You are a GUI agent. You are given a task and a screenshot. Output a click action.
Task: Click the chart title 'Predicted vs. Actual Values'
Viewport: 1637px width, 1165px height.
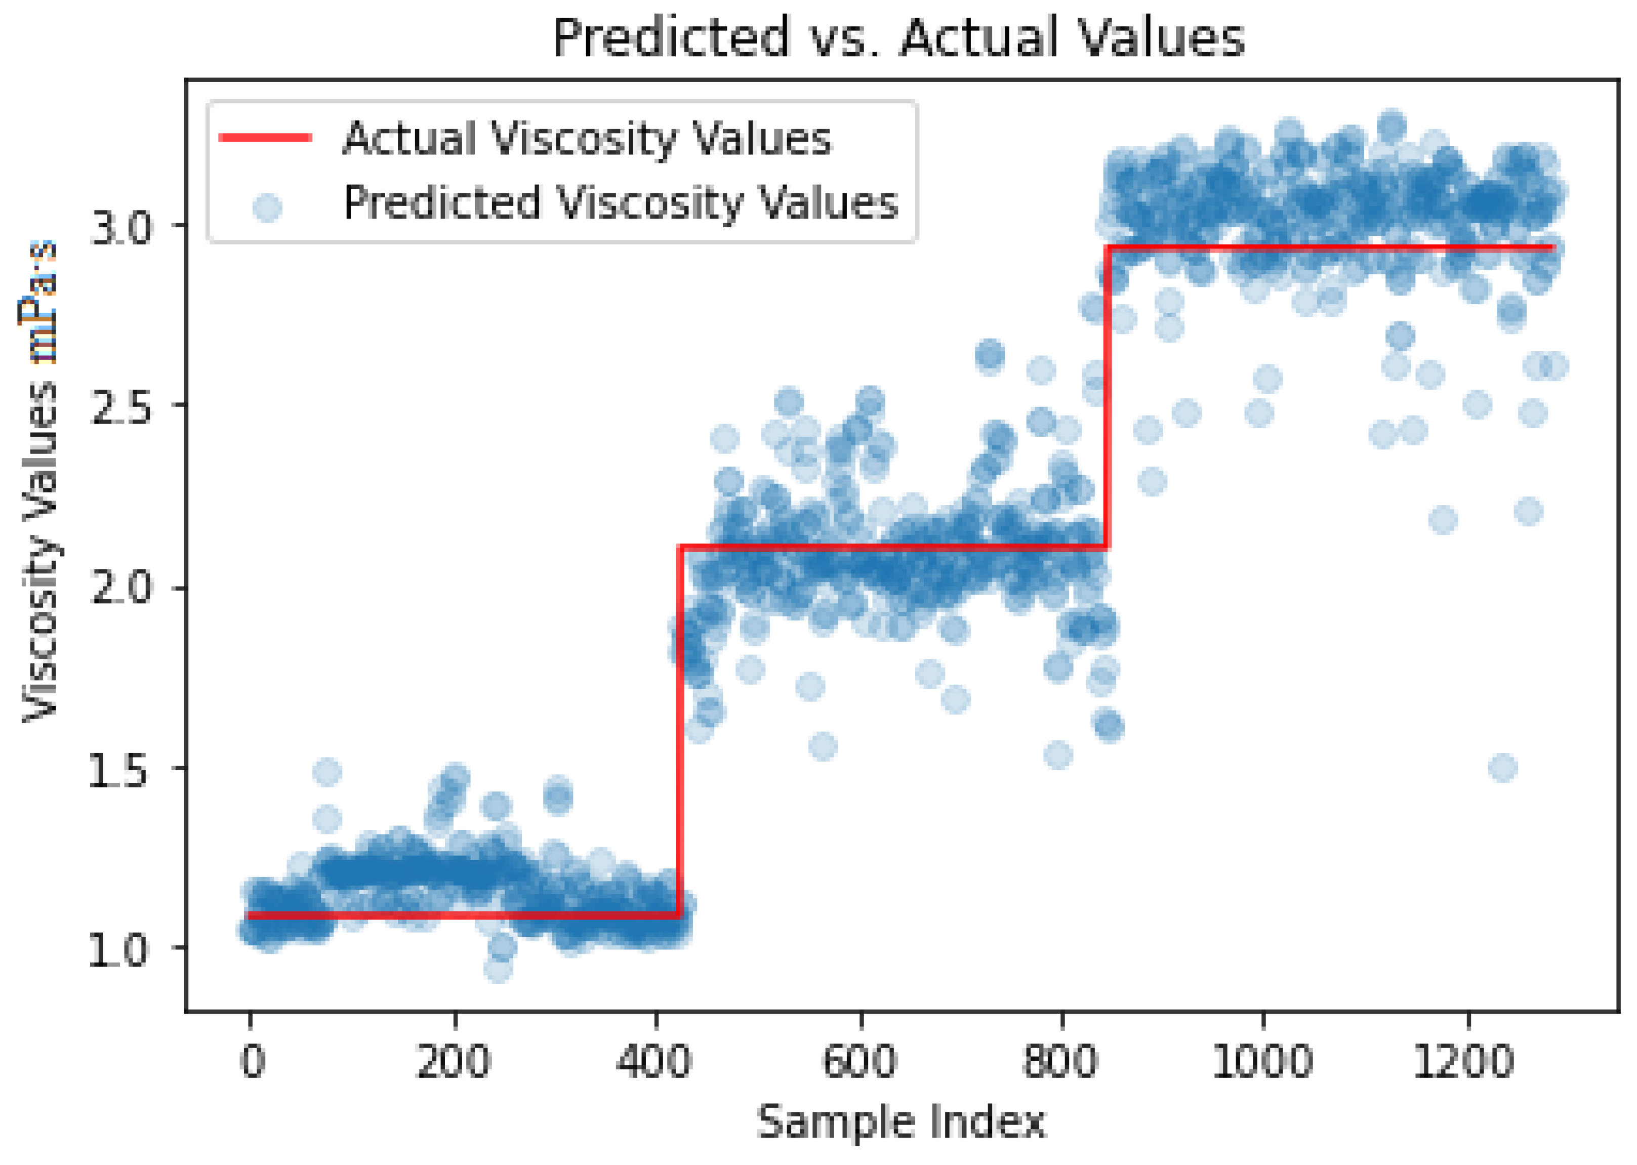click(898, 37)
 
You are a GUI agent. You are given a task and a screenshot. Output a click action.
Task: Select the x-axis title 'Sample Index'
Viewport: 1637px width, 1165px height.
click(901, 1122)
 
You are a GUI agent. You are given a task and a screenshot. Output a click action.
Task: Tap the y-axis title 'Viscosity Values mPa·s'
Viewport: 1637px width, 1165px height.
click(40, 481)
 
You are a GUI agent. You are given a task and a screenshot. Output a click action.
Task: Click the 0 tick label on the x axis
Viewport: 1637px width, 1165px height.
click(251, 1060)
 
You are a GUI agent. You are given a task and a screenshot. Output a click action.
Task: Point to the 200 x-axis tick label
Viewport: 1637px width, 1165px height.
click(454, 1060)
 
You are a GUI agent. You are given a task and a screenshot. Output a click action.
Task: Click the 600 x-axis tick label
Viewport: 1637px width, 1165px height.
click(860, 1060)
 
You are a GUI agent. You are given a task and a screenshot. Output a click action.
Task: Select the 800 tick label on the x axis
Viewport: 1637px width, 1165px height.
click(1060, 1060)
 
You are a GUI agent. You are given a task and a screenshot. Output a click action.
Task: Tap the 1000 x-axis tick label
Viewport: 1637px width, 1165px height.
click(1262, 1060)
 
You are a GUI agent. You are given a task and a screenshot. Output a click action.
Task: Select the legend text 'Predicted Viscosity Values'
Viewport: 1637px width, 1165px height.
click(621, 202)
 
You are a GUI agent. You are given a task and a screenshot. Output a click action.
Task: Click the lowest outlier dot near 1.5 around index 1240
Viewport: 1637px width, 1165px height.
click(1502, 768)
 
